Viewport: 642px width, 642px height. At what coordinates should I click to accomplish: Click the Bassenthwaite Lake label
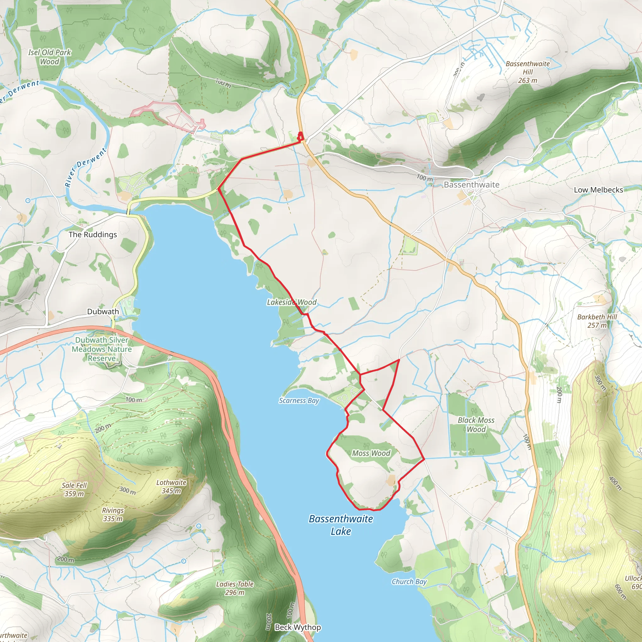341,525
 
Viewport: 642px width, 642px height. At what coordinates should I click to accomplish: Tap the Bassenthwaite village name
471,185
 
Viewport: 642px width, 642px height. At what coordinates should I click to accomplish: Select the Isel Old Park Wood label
50,57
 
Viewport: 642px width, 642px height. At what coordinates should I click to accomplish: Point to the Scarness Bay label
299,401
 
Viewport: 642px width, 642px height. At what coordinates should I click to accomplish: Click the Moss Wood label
371,453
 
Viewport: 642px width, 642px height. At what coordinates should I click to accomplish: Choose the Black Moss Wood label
476,425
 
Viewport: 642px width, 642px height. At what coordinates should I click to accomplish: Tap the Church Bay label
409,581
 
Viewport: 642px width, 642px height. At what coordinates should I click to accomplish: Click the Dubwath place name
103,312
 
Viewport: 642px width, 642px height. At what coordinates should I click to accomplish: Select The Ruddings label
93,234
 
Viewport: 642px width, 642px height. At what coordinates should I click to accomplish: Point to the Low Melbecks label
598,190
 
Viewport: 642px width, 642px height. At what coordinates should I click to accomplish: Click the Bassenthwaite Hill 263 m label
527,72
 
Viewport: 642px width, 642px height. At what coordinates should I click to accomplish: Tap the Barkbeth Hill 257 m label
597,321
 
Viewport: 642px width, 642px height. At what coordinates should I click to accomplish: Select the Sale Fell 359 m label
74,489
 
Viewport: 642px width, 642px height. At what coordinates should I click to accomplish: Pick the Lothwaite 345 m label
171,487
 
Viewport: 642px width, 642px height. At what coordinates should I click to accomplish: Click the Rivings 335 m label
113,514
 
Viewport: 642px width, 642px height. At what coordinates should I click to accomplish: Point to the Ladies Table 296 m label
234,588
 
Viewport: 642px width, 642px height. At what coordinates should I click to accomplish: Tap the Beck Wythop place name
298,627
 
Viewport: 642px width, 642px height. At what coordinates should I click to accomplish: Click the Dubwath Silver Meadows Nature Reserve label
102,349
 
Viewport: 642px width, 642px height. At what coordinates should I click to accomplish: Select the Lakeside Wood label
292,303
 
